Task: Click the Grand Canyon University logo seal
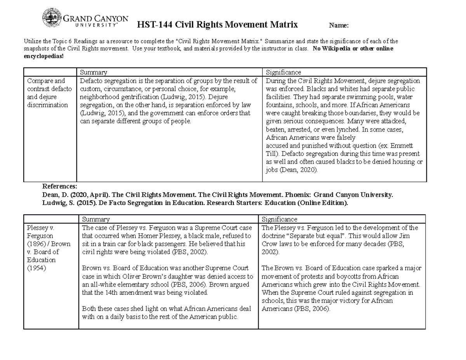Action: [x=52, y=18]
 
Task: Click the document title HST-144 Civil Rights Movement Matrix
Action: [x=217, y=25]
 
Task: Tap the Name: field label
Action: [x=339, y=26]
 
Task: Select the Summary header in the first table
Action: [x=93, y=72]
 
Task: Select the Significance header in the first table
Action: [x=283, y=72]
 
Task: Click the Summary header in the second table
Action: [x=96, y=219]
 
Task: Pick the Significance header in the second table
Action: [x=280, y=219]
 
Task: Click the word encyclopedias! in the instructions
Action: [x=43, y=56]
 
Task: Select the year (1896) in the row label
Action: [x=37, y=244]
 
